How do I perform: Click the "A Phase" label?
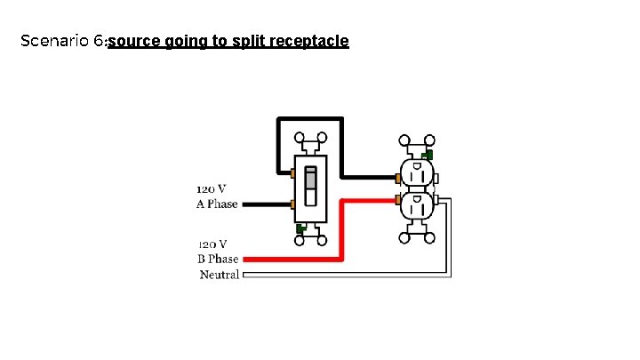pyautogui.click(x=217, y=204)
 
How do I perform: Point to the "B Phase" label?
pyautogui.click(x=218, y=260)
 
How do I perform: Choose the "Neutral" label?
pyautogui.click(x=220, y=275)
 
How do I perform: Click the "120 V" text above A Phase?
pyautogui.click(x=211, y=188)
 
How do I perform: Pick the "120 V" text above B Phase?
pyautogui.click(x=212, y=244)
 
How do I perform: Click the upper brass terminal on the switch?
pyautogui.click(x=292, y=171)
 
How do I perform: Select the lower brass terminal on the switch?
pyautogui.click(x=292, y=204)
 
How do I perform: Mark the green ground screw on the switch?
pyautogui.click(x=300, y=228)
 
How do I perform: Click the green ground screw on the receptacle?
pyautogui.click(x=428, y=155)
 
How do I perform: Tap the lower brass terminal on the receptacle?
pyautogui.click(x=396, y=199)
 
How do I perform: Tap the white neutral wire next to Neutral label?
pyautogui.click(x=338, y=275)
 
